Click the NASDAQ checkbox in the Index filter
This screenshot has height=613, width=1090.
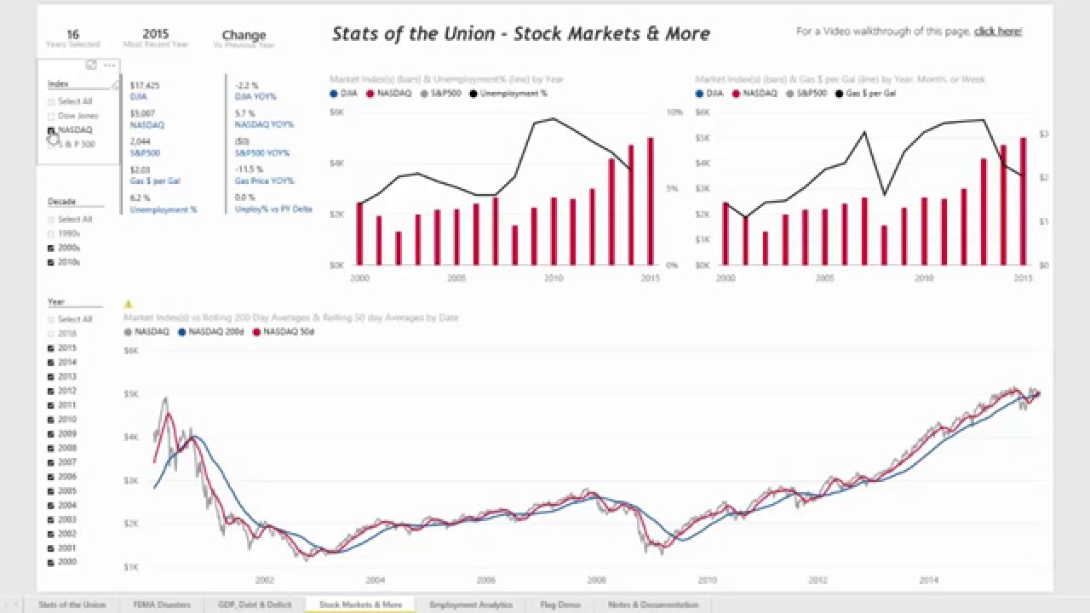click(51, 130)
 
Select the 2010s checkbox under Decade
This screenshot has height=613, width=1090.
click(51, 262)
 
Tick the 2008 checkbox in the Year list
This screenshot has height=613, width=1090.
click(51, 448)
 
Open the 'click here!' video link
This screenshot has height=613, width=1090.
click(998, 32)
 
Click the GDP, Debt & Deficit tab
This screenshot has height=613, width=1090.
click(255, 604)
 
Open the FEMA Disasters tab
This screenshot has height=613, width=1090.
click(162, 604)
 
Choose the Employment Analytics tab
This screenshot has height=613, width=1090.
click(471, 604)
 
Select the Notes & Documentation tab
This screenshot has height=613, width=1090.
click(652, 604)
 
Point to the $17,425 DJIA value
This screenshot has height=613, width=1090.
click(145, 86)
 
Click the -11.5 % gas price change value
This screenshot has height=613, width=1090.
click(247, 169)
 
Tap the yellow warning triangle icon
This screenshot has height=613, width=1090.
click(129, 304)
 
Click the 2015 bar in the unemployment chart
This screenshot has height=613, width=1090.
click(651, 201)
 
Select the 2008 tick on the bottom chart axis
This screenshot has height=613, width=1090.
click(596, 581)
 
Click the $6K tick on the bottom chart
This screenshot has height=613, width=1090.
click(131, 350)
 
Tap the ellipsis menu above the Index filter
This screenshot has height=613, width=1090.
click(109, 66)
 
